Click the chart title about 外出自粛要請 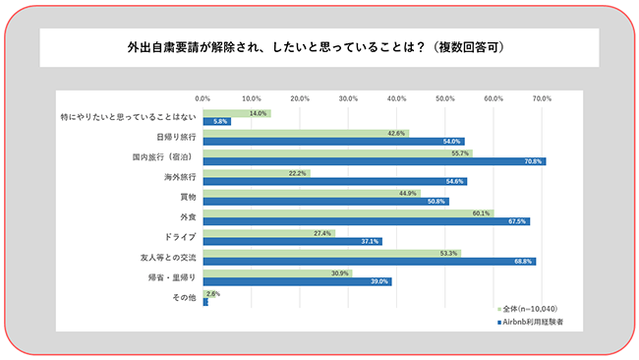tap(319, 47)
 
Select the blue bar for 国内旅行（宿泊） tap(374, 160)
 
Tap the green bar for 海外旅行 tap(257, 173)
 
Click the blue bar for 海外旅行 tap(334, 181)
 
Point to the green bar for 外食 tap(348, 212)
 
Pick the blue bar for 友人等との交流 tap(369, 261)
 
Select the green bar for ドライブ tap(268, 233)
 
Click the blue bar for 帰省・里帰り tap(297, 280)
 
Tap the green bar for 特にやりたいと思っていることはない tap(236, 113)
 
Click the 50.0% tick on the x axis tap(444, 98)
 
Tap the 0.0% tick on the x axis tap(203, 98)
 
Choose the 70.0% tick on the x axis tap(542, 98)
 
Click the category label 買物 tap(187, 197)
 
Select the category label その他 tap(185, 297)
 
